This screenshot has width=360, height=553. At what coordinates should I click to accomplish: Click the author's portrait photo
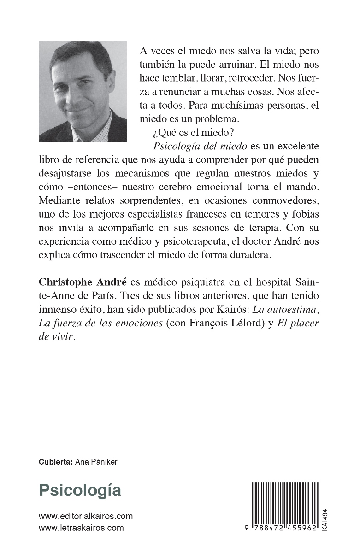click(x=83, y=91)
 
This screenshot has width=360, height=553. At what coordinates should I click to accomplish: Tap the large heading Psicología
click(x=80, y=490)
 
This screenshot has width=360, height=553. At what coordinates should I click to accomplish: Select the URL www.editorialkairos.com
click(x=86, y=516)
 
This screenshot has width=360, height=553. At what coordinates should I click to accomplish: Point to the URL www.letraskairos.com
click(x=82, y=528)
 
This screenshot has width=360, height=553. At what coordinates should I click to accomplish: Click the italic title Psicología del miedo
click(x=195, y=147)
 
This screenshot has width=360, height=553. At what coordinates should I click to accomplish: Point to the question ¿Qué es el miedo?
click(x=182, y=133)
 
